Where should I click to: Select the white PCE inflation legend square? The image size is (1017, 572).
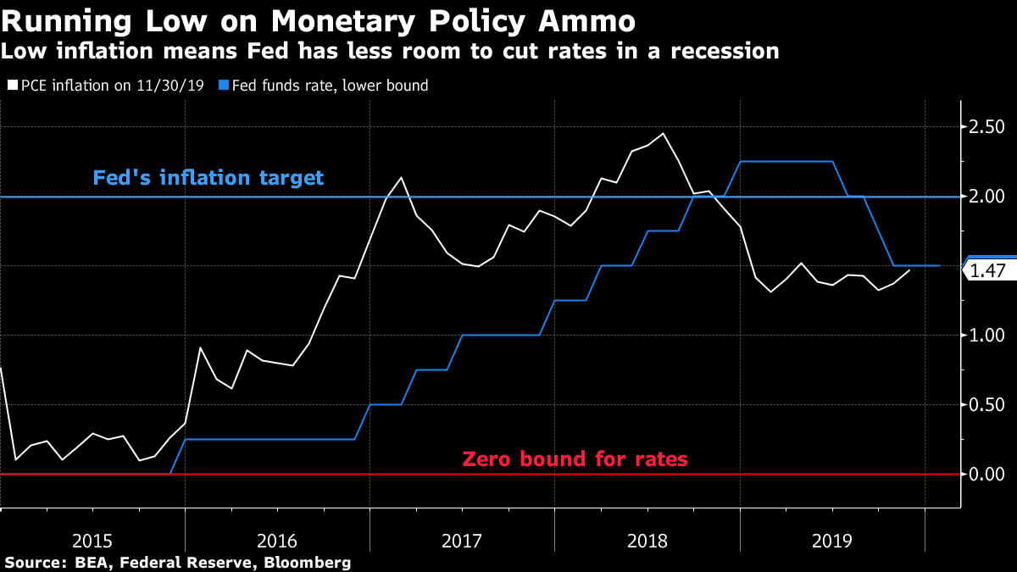click(x=11, y=86)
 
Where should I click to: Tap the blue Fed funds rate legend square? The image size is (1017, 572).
click(x=223, y=86)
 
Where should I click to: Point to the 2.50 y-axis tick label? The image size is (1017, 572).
click(x=986, y=127)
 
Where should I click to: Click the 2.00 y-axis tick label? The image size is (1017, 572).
click(x=986, y=197)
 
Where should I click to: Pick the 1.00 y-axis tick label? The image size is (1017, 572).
click(x=986, y=336)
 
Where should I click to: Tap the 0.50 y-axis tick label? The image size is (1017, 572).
click(x=986, y=405)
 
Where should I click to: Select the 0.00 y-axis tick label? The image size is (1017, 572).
click(x=986, y=475)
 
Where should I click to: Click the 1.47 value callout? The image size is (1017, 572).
click(x=987, y=271)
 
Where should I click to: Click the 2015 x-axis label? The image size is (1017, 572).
click(x=92, y=540)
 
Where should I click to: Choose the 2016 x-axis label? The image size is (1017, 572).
click(x=277, y=540)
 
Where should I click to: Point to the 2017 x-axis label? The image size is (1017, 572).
click(x=462, y=540)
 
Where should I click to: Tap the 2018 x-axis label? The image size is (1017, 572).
click(x=647, y=540)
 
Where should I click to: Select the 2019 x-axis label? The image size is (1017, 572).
click(x=831, y=540)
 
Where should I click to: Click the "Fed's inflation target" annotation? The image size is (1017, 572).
click(x=208, y=178)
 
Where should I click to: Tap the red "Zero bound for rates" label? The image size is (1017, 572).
click(x=575, y=459)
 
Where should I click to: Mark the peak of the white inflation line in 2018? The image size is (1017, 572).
click(x=663, y=133)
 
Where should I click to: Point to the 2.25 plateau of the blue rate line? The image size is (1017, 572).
click(x=786, y=161)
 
